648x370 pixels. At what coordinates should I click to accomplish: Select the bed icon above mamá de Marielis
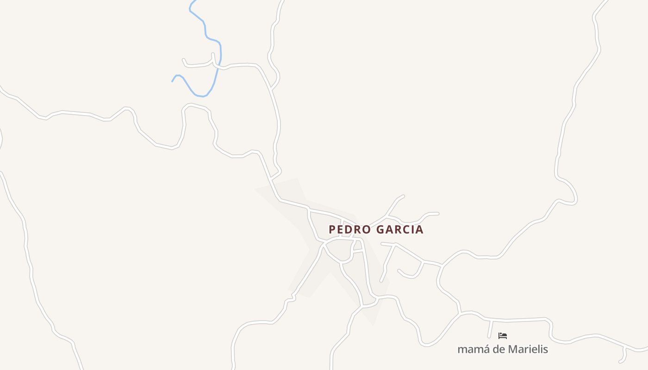pos(503,336)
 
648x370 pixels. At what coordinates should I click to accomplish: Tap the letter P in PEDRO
pos(332,229)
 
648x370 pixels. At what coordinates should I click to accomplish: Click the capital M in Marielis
pos(512,349)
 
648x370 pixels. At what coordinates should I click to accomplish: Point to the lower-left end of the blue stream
pos(173,81)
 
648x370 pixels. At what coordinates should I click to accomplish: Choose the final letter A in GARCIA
pos(419,229)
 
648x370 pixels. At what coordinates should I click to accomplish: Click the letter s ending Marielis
pos(545,349)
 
